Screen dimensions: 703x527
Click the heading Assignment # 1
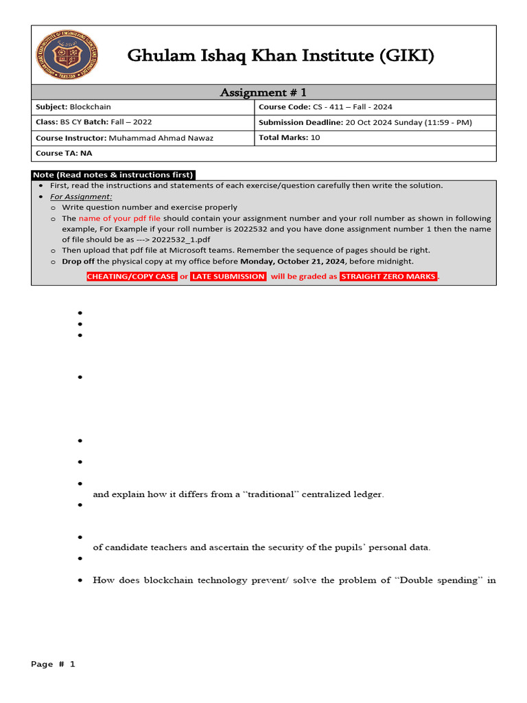263,92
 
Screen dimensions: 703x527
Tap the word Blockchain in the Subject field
90,107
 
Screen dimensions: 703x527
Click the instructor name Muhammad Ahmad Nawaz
161,138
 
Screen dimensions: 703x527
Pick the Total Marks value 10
315,137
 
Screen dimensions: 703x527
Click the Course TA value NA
87,153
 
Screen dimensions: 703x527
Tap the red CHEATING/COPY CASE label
132,277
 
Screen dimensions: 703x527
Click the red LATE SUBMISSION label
229,277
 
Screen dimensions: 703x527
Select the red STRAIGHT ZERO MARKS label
388,277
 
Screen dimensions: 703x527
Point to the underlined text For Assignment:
81,196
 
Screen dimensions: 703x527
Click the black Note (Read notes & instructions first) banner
113,174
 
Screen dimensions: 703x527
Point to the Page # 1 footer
53,665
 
